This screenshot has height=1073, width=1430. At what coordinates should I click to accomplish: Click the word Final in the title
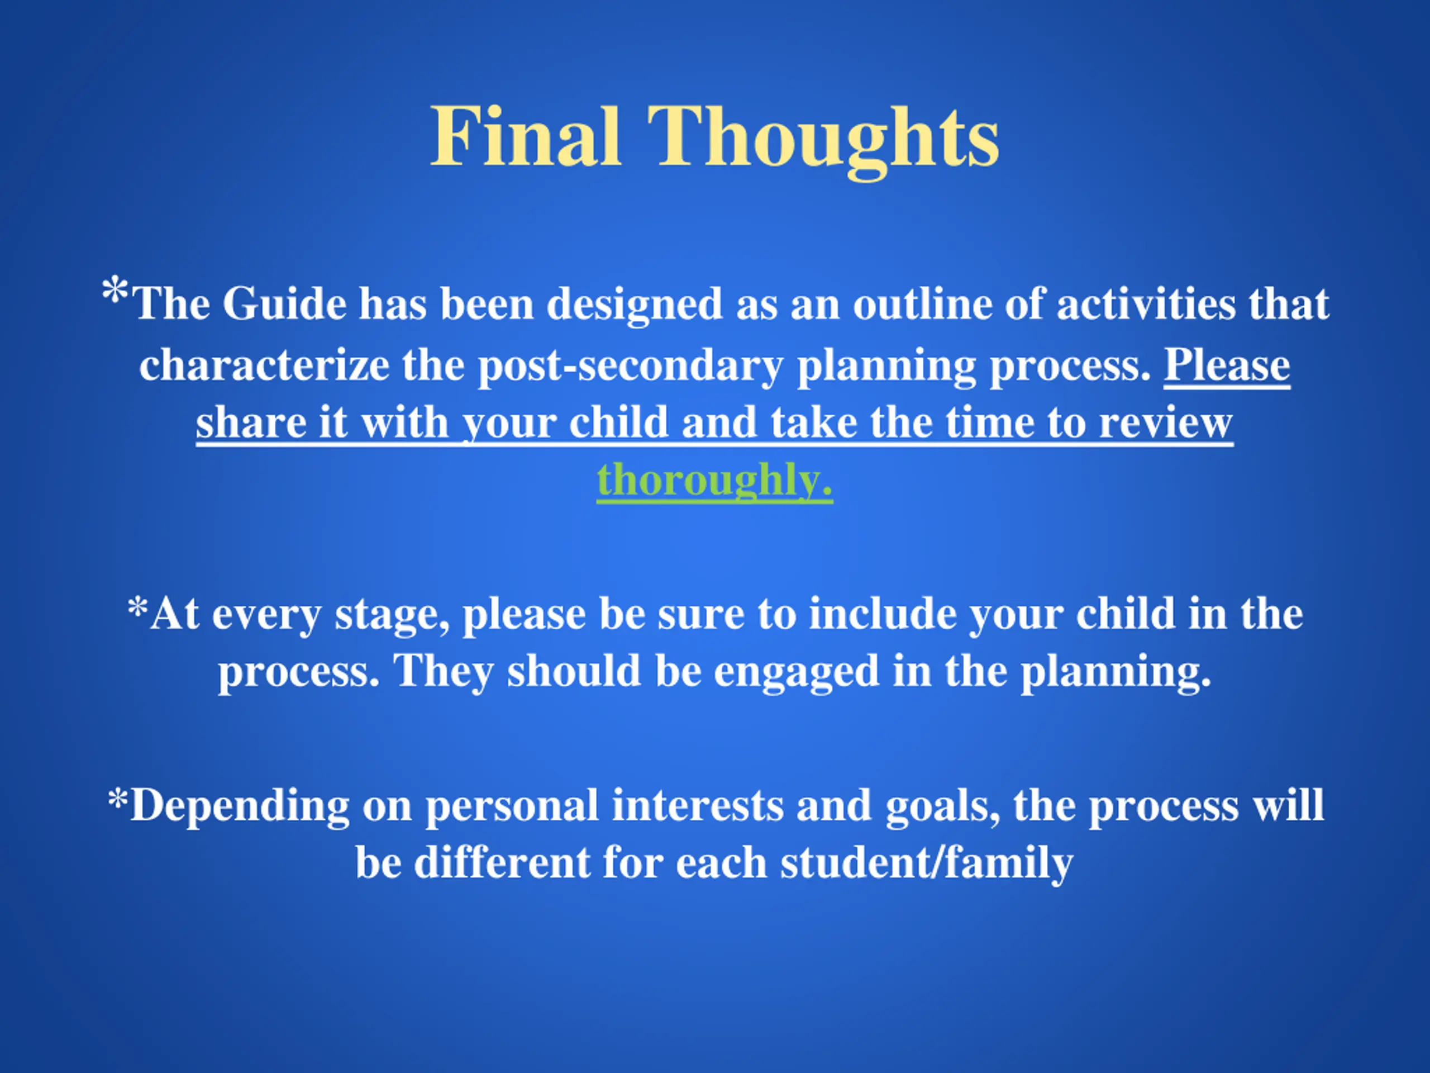(526, 136)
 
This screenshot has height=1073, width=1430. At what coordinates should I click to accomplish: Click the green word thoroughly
(714, 482)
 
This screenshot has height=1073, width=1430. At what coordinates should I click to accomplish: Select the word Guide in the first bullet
(285, 303)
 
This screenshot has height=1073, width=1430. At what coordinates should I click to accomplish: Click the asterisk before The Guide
(115, 291)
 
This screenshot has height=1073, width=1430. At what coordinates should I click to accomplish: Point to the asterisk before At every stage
(138, 609)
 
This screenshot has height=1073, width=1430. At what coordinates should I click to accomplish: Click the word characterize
(264, 365)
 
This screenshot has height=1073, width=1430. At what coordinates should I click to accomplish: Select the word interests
(698, 806)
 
